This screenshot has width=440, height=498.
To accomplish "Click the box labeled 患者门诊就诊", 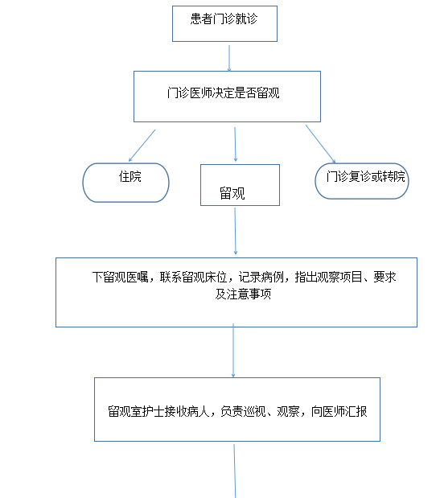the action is [224, 23].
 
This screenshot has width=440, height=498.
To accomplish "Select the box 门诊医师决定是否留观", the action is [227, 97].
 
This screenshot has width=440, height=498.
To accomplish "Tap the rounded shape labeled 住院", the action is [125, 183].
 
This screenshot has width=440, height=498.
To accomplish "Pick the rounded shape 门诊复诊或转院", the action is [362, 181].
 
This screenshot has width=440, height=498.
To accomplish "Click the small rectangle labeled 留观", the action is [240, 185].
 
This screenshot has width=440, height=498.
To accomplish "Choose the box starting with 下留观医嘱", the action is [236, 292].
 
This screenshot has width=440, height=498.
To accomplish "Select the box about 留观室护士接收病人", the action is [237, 410].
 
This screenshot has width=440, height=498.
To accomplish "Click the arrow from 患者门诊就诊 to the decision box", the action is [229, 58].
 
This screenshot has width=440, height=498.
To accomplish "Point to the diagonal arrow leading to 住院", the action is [142, 146].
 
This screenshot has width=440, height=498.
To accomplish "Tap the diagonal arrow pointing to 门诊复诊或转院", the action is [321, 144].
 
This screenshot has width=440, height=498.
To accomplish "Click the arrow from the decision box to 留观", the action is [235, 144].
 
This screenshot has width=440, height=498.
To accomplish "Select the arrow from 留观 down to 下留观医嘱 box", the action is [235, 231].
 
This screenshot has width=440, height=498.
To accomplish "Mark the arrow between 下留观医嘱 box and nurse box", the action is [233, 350].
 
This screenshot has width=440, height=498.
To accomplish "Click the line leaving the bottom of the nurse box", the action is [235, 471].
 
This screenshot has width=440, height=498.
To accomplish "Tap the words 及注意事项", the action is [243, 294].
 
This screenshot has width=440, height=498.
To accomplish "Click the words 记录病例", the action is [261, 277].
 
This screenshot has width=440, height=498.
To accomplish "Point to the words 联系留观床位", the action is [193, 277].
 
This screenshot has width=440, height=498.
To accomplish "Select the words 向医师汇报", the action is [339, 411].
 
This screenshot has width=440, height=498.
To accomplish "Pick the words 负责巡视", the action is [243, 411].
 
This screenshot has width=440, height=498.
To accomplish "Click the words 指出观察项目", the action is [328, 277].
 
